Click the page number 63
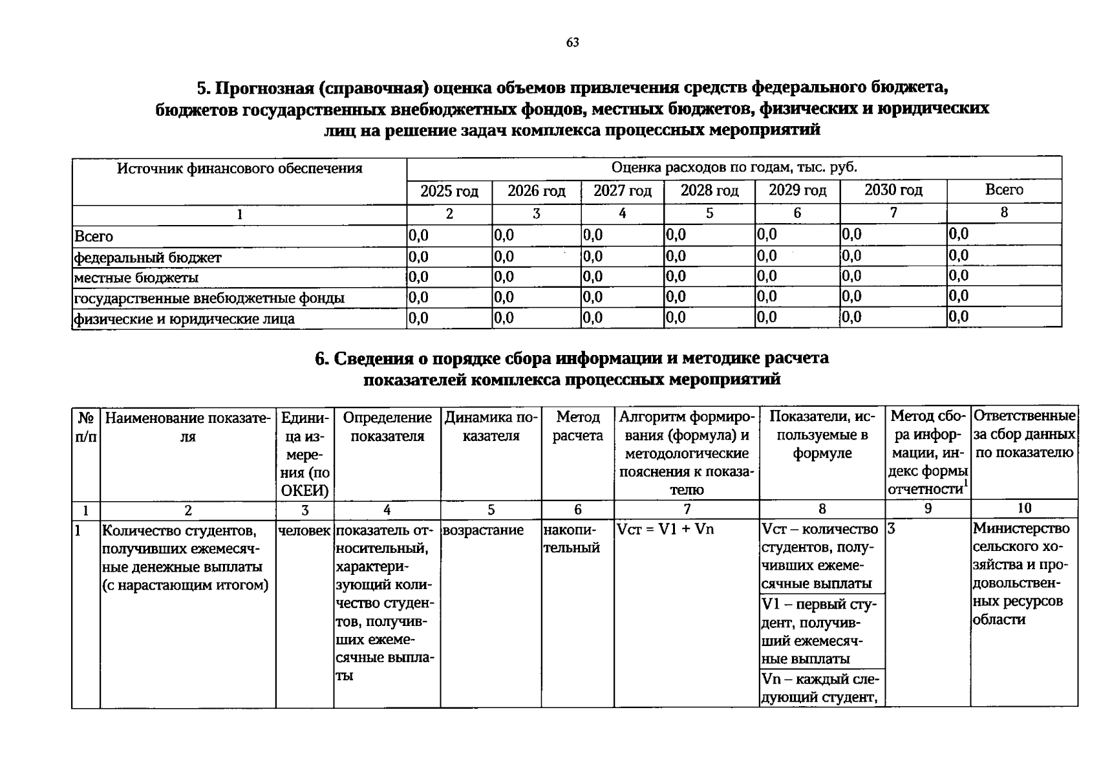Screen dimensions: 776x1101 (572, 43)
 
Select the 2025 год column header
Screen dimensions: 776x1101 (449, 191)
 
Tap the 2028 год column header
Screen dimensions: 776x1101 (709, 191)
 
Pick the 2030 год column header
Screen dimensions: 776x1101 (893, 190)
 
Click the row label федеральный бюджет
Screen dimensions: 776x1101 (148, 258)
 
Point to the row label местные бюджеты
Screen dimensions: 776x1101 (136, 278)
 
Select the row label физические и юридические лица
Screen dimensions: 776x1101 (184, 319)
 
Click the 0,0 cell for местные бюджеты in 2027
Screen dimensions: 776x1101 (593, 277)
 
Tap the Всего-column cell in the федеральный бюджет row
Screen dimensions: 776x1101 (959, 255)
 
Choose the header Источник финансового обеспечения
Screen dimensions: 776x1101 (239, 169)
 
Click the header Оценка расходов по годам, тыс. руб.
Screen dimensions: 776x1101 (734, 167)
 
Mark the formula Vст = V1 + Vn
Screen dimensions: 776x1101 (665, 529)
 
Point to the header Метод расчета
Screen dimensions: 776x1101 (577, 427)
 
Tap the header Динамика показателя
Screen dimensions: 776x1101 (491, 427)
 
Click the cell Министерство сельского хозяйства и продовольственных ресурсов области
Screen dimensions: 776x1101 (1023, 574)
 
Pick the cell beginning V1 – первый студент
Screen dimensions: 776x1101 (822, 631)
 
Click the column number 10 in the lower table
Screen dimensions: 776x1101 (1024, 508)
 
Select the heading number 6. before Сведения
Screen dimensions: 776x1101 (322, 358)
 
